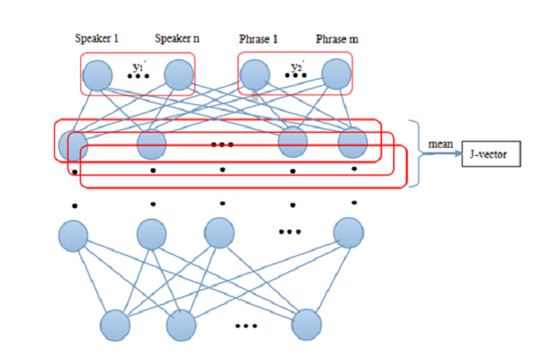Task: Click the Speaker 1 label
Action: click(96, 39)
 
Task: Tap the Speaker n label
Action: click(177, 39)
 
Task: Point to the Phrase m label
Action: click(337, 39)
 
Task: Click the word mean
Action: click(439, 145)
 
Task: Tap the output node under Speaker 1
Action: click(97, 75)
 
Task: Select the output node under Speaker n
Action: click(178, 75)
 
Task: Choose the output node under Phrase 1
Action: click(255, 75)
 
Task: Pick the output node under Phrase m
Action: click(336, 75)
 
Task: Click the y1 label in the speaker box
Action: click(137, 67)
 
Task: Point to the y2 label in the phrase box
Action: click(296, 67)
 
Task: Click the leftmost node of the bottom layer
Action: click(116, 325)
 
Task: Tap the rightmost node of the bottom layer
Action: click(307, 325)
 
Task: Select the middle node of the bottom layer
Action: click(180, 325)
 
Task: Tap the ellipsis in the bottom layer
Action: click(246, 325)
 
